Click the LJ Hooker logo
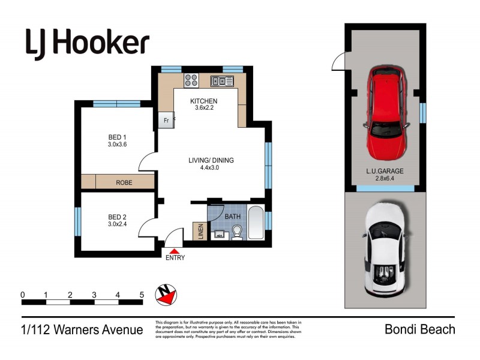pos(87,43)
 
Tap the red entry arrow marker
pos(175,250)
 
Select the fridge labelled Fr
pos(166,121)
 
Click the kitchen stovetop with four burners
pos(191,80)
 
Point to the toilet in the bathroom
pos(238,232)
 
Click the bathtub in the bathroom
pos(256,224)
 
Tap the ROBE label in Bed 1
pos(124,182)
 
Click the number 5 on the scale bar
pos(142,295)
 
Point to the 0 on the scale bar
pos(22,295)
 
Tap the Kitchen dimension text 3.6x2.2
pos(203,109)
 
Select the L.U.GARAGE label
pos(385,171)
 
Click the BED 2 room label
pos(118,217)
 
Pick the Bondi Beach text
pos(419,329)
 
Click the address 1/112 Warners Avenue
pos(82,329)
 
